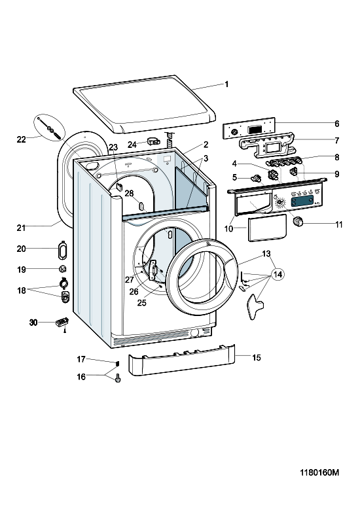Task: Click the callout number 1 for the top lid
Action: tap(226, 84)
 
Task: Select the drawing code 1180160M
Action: tap(319, 472)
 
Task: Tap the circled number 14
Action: tap(278, 275)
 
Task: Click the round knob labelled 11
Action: tap(298, 222)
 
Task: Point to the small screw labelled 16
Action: tap(118, 378)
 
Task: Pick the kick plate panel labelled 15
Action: tap(181, 360)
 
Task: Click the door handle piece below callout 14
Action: tap(255, 306)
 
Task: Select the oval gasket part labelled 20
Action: tap(62, 251)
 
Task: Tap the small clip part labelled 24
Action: tap(153, 141)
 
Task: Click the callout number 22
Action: tap(21, 139)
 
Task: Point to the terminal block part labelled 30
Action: tap(62, 323)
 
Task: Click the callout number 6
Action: tap(337, 124)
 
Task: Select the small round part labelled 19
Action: tap(63, 269)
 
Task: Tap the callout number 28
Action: tap(129, 194)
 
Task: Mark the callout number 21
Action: tap(21, 228)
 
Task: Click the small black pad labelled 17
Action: tap(117, 362)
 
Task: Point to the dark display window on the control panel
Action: tap(302, 202)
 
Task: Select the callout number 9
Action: tap(337, 174)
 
